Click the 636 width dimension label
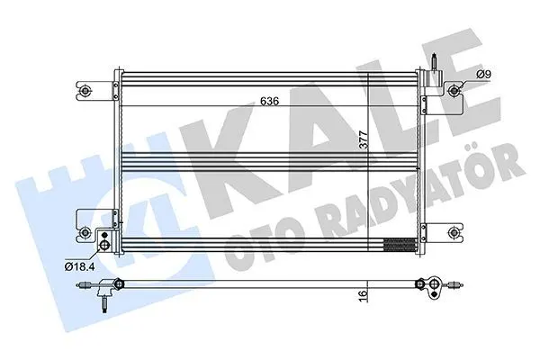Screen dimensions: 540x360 269,101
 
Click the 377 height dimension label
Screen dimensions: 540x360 364,139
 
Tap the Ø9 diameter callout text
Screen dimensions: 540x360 483,74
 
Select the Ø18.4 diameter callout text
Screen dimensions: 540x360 79,266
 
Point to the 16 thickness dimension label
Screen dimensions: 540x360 364,296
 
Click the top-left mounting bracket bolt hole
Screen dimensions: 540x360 85,91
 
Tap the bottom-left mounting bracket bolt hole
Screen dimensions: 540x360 85,233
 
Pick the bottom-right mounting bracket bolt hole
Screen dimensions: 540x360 454,232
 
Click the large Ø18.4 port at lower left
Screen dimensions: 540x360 104,245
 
